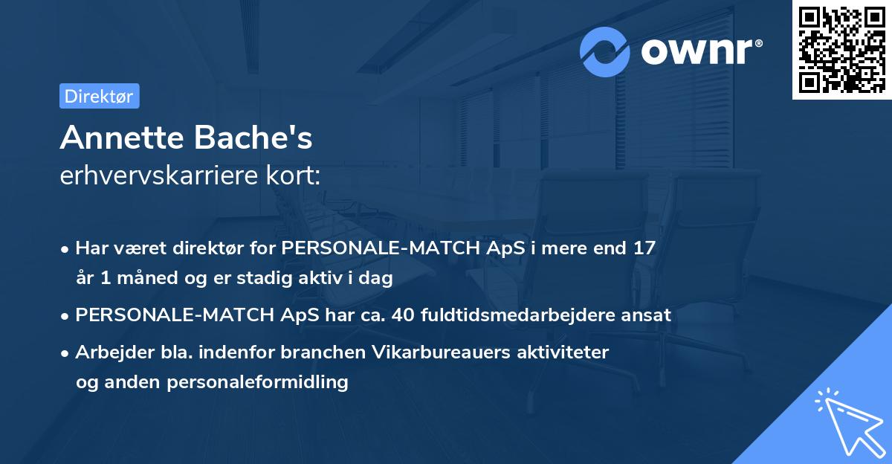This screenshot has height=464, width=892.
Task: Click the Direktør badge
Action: pos(100,96)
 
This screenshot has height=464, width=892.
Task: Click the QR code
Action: pos(841,49)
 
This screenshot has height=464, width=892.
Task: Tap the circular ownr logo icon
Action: pos(605,51)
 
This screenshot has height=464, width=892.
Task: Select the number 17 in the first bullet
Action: pos(644,248)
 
